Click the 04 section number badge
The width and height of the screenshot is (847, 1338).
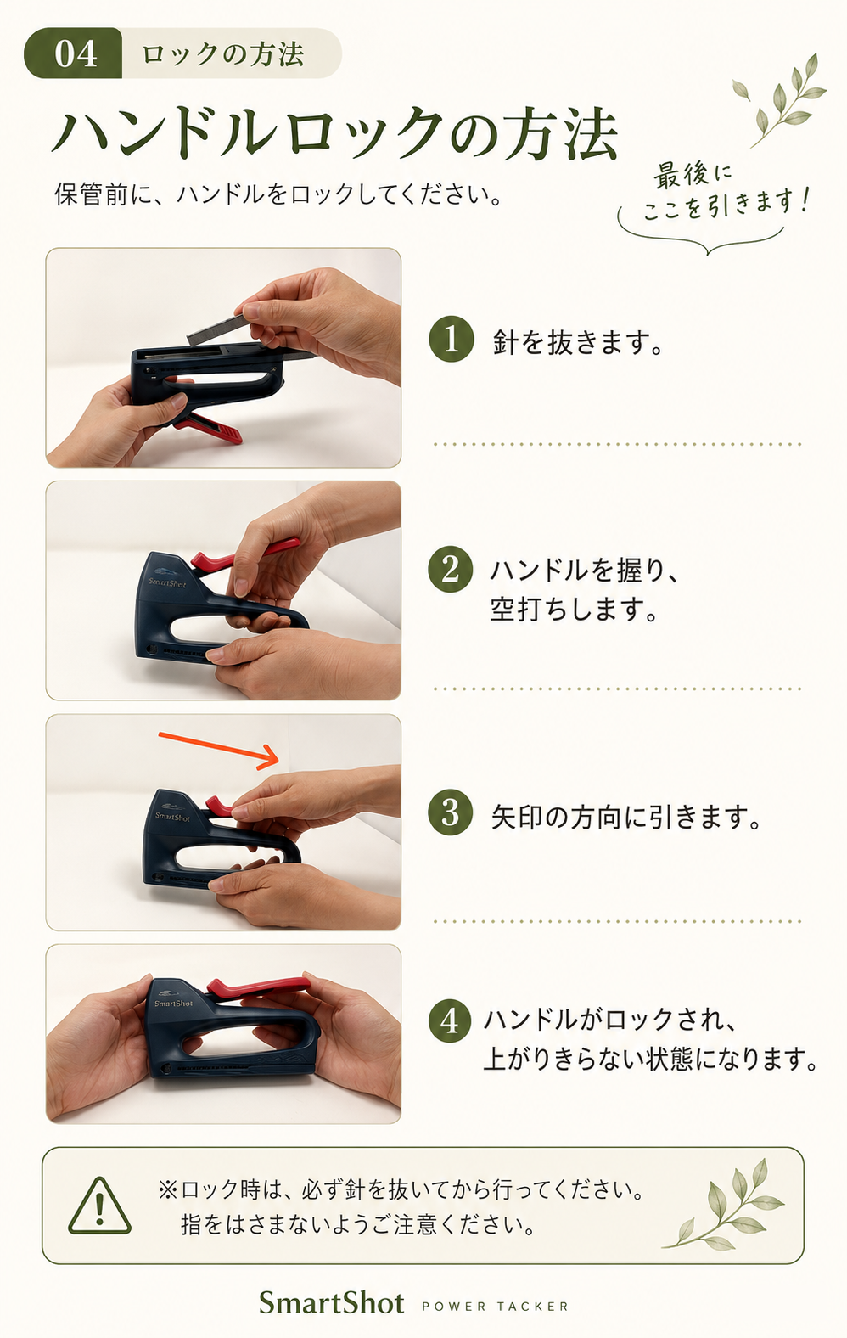click(73, 53)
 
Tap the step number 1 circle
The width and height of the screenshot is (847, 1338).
click(452, 340)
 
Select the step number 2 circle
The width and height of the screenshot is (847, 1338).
click(451, 570)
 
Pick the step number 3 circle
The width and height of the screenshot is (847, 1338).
click(451, 813)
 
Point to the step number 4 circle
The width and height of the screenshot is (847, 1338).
click(451, 1020)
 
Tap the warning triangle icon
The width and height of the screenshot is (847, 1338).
click(99, 1206)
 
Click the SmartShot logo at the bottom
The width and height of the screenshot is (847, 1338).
click(332, 1302)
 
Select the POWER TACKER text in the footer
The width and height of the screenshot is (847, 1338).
click(495, 1307)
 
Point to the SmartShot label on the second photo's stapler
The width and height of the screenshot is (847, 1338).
click(167, 582)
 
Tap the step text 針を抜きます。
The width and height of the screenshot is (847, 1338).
click(578, 342)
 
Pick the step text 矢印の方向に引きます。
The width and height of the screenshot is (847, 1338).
click(626, 817)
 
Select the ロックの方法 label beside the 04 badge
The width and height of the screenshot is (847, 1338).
click(222, 54)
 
